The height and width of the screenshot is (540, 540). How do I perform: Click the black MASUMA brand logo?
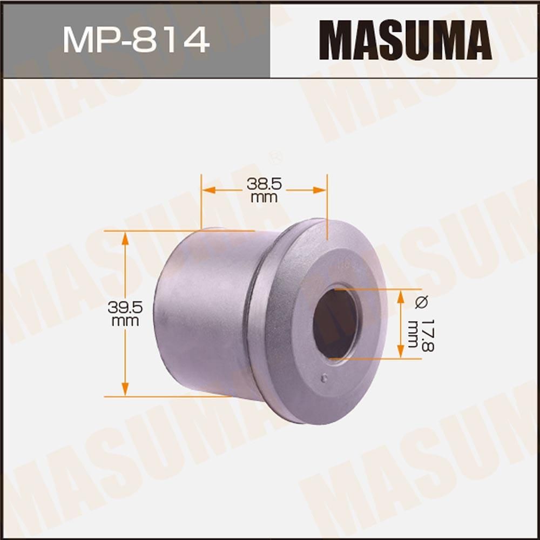coord(405,40)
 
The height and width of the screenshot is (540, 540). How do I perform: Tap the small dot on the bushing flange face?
coord(323,377)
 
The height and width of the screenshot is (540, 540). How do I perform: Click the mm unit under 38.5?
coord(264,198)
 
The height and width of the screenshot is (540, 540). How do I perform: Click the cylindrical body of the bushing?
coord(205,313)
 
